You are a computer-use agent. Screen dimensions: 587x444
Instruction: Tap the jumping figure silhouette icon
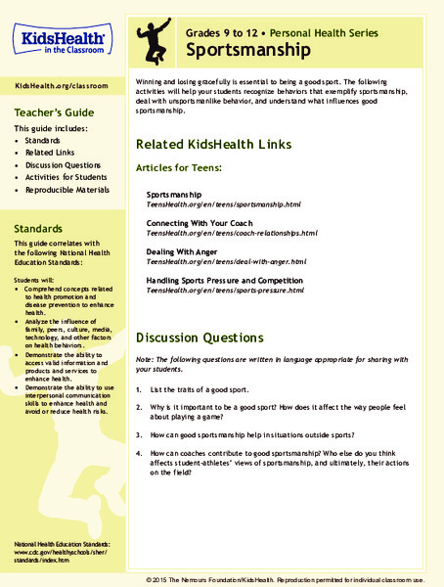coord(156,38)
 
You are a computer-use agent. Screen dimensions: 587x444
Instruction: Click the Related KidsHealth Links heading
coord(213,144)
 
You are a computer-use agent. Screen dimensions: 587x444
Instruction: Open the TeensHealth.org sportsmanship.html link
coord(223,205)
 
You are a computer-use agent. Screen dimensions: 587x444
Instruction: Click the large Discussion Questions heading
coord(200,338)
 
